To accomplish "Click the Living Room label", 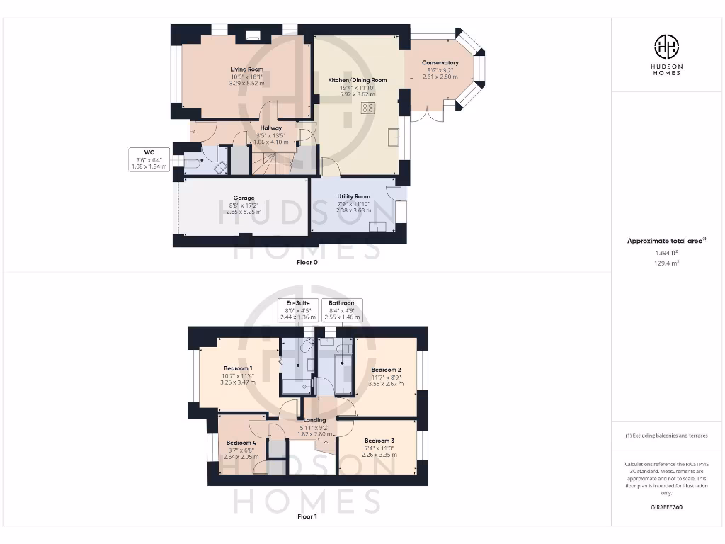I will (x=246, y=69).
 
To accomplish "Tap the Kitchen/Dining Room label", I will (x=358, y=80).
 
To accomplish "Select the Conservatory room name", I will (x=440, y=63).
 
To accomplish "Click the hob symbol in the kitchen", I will (x=368, y=108).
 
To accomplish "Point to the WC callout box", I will (x=149, y=159).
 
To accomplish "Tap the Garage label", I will (x=244, y=198).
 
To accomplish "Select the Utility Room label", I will (x=353, y=196).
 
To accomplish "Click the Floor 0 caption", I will (x=307, y=262).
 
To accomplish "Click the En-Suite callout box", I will (x=298, y=310).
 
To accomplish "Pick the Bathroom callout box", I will (x=342, y=310).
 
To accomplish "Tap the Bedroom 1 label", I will (x=238, y=369).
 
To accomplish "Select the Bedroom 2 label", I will (x=386, y=370).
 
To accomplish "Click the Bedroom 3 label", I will (x=379, y=441).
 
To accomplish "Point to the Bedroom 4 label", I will (x=240, y=443).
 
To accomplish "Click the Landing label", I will (x=315, y=420).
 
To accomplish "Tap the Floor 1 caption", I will (x=307, y=516).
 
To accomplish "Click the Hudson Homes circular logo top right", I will (x=666, y=47).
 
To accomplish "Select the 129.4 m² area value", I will (x=666, y=263).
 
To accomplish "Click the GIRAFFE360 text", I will (x=666, y=507).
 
